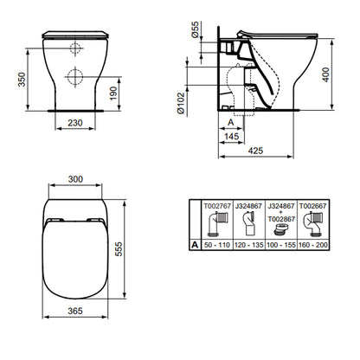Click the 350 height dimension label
pyautogui.click(x=22, y=80)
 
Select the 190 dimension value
pyautogui.click(x=113, y=93)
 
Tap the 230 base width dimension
pyautogui.click(x=75, y=123)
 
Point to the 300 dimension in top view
pyautogui.click(x=75, y=179)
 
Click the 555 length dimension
pyautogui.click(x=119, y=249)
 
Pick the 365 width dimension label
pyautogui.click(x=75, y=311)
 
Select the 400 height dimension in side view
pyautogui.click(x=325, y=74)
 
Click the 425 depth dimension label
pyautogui.click(x=256, y=151)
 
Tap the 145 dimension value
pyautogui.click(x=232, y=136)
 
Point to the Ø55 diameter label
pyautogui.click(x=196, y=29)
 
